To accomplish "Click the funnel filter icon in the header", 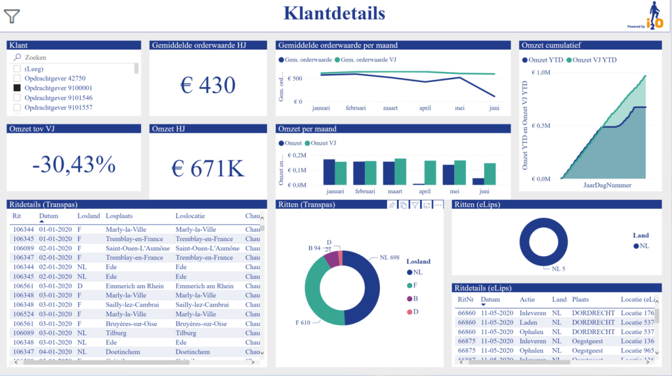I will (x=12, y=16).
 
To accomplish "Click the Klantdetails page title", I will (x=334, y=12).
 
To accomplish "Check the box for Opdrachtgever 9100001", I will (x=17, y=88).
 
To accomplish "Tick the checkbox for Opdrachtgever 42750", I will (x=17, y=78).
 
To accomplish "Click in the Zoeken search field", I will (x=72, y=58).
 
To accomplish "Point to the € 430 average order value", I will (x=207, y=85).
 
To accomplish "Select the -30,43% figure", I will (x=73, y=164).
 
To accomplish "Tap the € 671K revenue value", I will (x=207, y=168).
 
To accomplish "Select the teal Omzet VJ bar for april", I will (x=430, y=173).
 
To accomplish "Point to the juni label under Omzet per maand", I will (x=484, y=192).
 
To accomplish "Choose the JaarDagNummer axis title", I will (x=607, y=185).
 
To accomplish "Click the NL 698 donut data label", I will (x=390, y=258).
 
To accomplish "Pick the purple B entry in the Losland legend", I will (x=410, y=298).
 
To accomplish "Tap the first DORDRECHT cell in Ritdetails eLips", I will (x=593, y=313).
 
